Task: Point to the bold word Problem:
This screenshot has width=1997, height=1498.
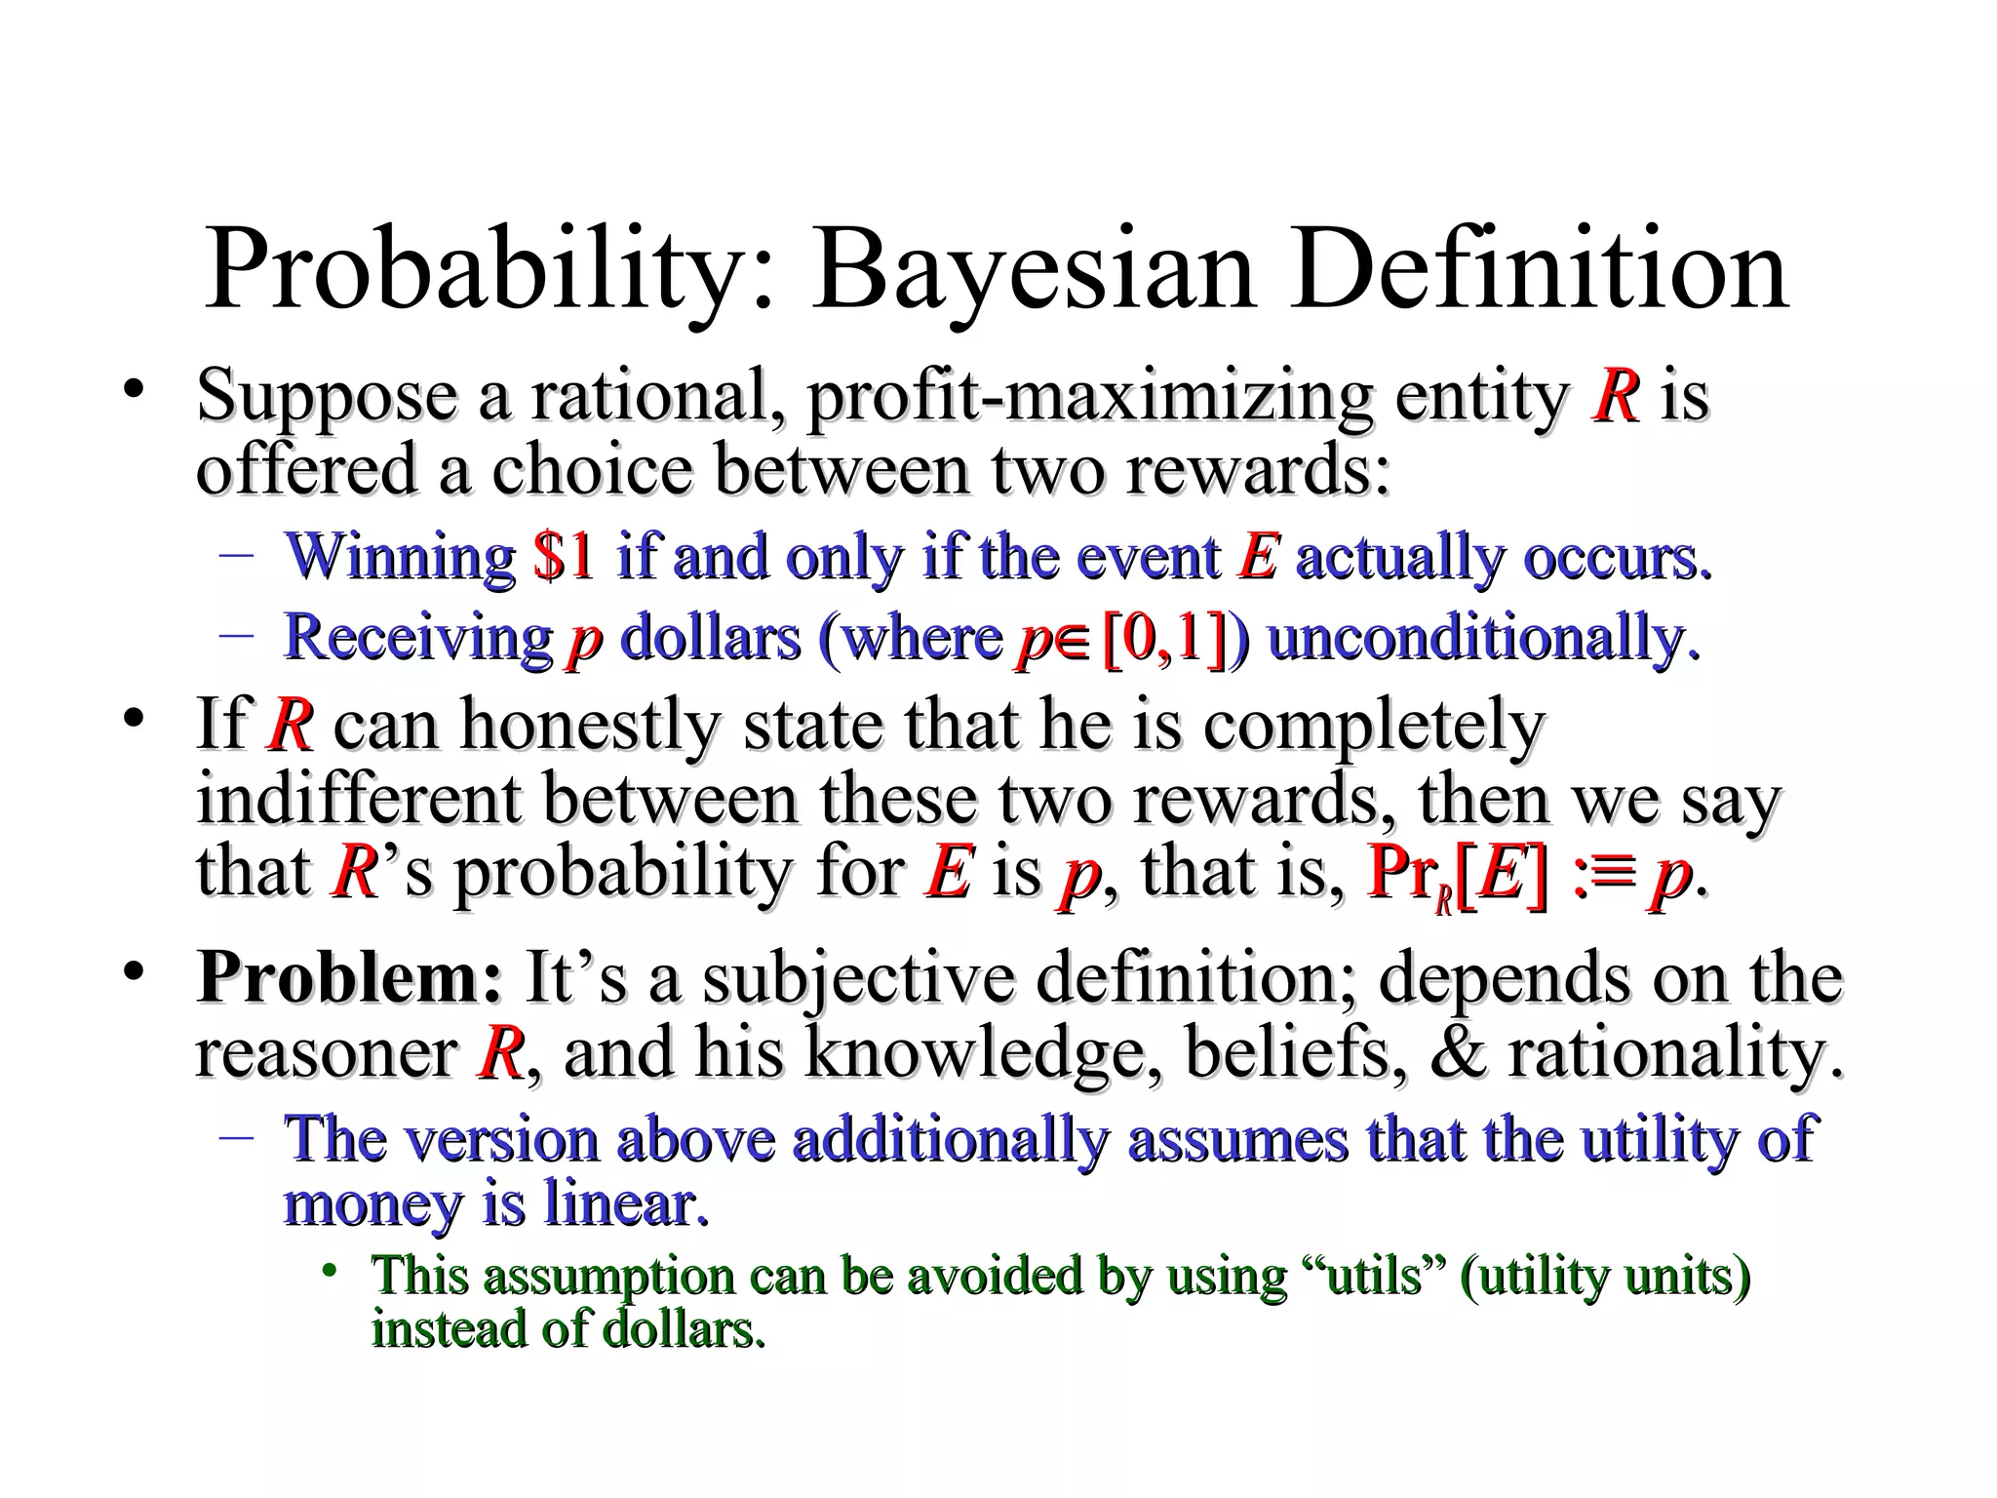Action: pos(349,977)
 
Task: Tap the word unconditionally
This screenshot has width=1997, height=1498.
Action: pos(1482,639)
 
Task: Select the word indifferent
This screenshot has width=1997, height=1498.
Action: pos(358,800)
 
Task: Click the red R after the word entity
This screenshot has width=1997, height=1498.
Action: pos(1616,398)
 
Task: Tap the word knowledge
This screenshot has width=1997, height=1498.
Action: pos(984,1053)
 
